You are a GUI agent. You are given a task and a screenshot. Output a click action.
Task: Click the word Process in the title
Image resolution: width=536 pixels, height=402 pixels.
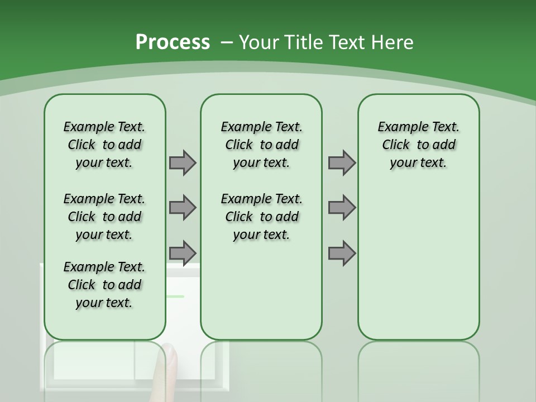point(173,42)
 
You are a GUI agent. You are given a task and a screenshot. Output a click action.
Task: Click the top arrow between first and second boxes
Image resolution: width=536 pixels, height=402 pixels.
point(183,162)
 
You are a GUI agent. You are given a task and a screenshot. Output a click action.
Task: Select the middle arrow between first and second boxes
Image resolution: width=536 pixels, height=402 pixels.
point(183,208)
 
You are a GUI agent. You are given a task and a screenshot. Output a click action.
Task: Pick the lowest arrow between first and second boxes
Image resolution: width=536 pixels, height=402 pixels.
point(183,253)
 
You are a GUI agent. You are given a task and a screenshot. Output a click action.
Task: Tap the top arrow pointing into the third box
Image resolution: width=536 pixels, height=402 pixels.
point(342,162)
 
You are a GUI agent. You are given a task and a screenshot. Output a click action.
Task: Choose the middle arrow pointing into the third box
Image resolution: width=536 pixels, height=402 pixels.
point(342,208)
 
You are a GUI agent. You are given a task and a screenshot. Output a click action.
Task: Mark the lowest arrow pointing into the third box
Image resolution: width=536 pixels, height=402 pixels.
point(342,253)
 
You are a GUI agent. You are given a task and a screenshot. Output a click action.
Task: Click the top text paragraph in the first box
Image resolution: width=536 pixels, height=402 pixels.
point(104,145)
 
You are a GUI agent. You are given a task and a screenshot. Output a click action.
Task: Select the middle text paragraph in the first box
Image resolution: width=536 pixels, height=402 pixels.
point(104,217)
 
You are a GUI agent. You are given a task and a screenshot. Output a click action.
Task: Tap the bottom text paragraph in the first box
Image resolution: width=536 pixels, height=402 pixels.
point(104,285)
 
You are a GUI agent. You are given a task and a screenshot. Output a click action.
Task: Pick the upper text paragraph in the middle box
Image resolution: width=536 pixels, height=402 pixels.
point(261,145)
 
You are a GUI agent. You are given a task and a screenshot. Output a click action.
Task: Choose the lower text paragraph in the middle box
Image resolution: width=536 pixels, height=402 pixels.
point(261,217)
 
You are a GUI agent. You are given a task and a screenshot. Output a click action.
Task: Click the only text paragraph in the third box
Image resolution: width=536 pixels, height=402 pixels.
point(418,145)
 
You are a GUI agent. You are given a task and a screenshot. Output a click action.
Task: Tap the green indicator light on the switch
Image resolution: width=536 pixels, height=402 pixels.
point(175,296)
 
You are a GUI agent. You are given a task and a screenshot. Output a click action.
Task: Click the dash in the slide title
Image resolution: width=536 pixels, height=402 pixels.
point(226,42)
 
